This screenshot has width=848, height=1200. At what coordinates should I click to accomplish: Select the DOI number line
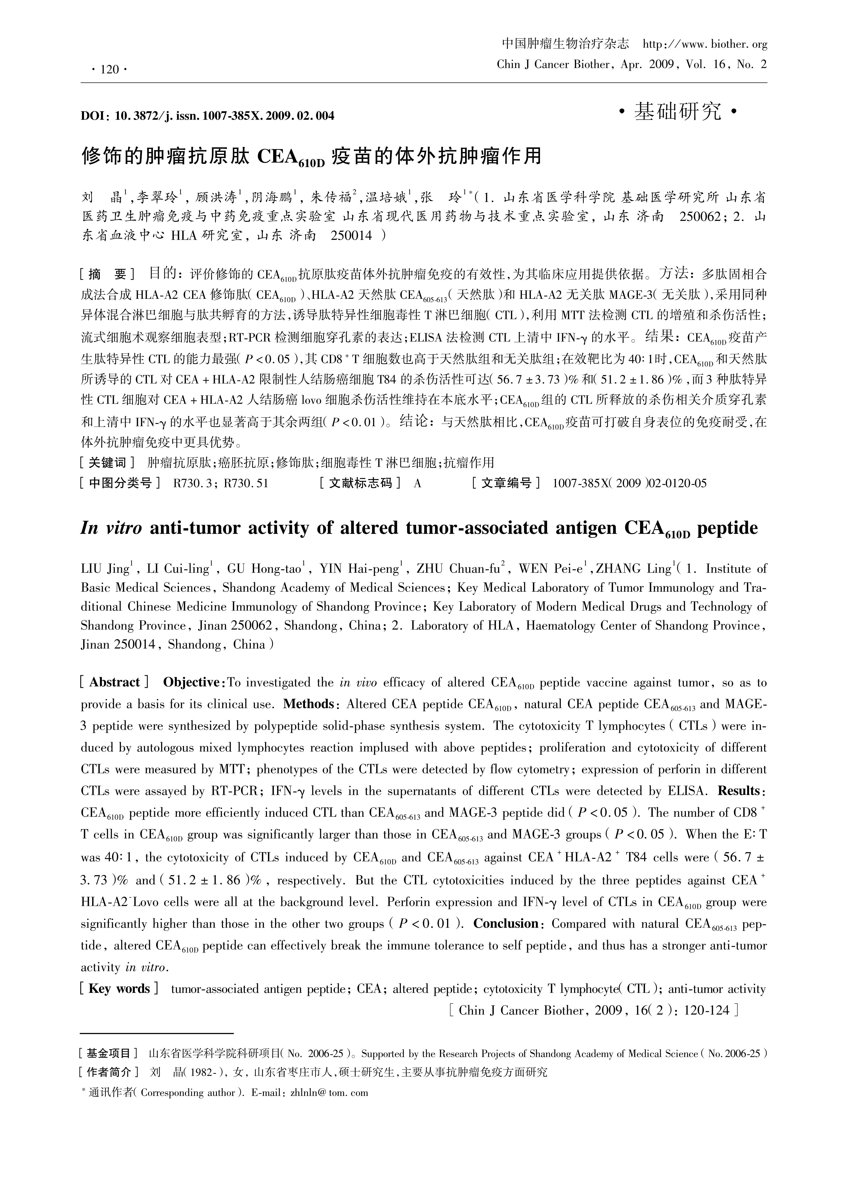click(207, 115)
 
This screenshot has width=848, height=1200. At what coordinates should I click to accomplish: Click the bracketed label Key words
click(119, 989)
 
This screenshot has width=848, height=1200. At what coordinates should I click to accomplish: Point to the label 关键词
click(107, 463)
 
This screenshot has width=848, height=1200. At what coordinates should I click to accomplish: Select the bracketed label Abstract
click(115, 682)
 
